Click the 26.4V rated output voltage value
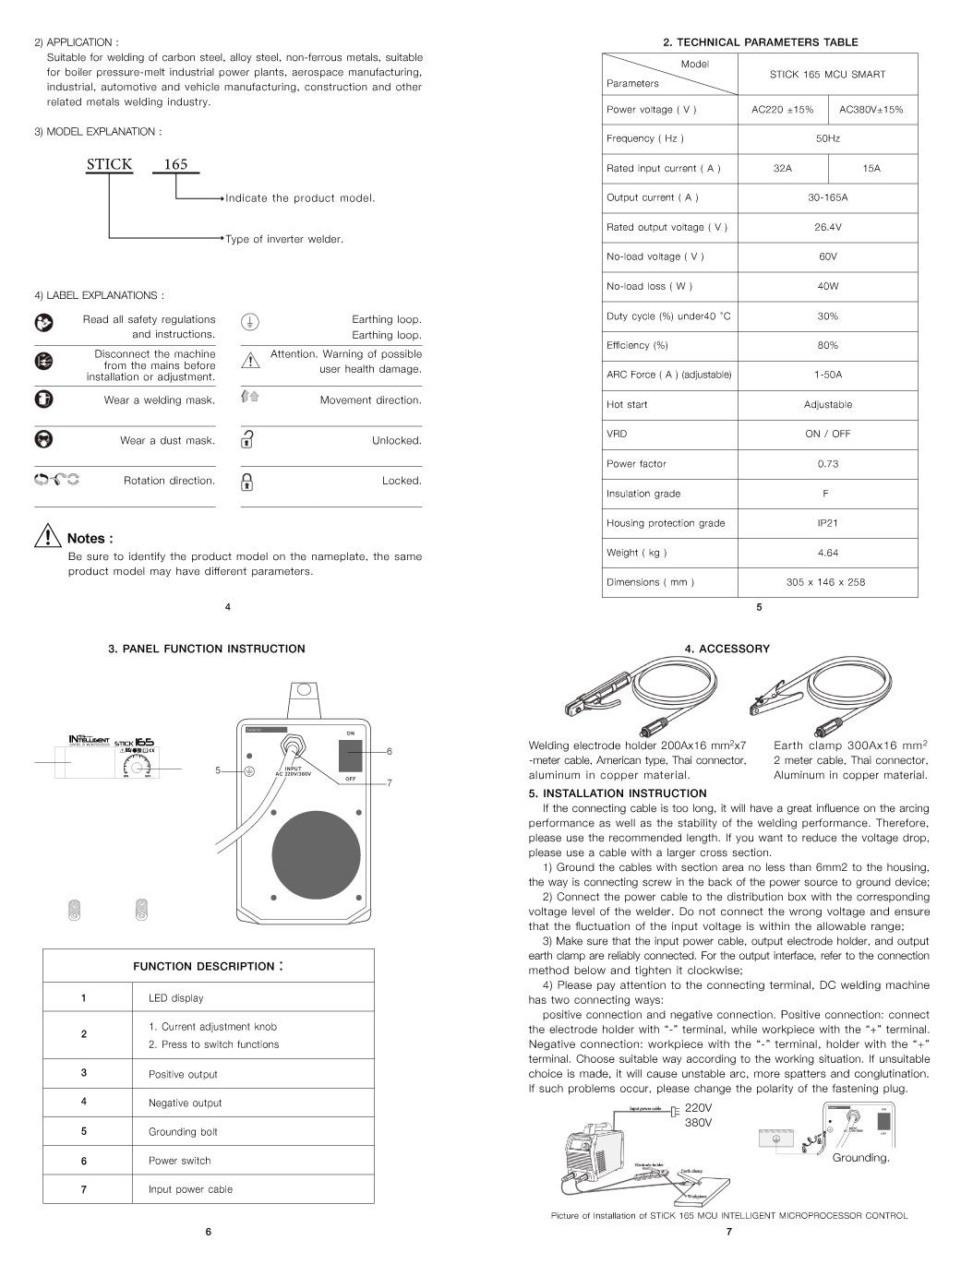pos(827,227)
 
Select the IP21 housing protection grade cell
pos(827,523)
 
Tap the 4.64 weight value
pos(827,553)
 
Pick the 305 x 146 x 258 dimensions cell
pos(827,582)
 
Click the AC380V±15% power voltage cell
pos(871,110)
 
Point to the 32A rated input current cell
pos(782,169)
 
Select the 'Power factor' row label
pos(636,464)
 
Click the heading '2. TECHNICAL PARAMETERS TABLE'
pos(761,42)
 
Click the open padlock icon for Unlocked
pos(247,440)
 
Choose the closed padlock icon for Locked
pos(247,482)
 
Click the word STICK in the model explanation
pos(109,165)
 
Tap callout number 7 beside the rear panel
pos(390,783)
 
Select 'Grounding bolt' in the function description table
pos(183,1132)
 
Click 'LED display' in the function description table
pos(175,998)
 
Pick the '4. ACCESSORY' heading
pos(727,650)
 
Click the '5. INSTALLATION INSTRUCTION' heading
pos(618,793)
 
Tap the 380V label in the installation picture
pos(698,1124)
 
